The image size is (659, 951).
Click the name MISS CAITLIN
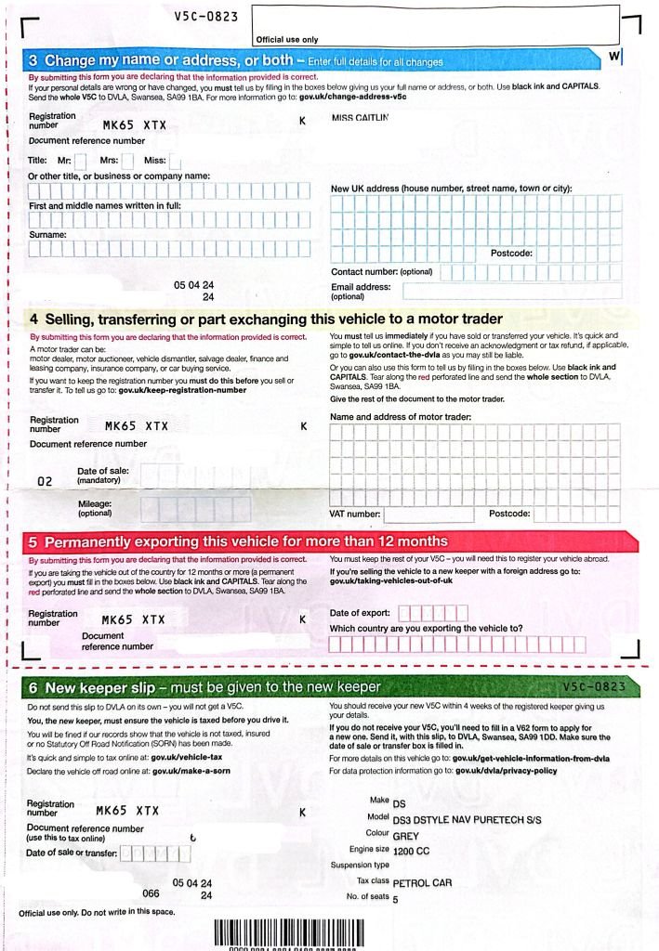click(x=360, y=118)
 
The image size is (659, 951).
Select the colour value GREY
click(x=406, y=836)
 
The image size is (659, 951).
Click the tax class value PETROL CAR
click(x=422, y=883)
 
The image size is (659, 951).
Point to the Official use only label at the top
click(x=286, y=40)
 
